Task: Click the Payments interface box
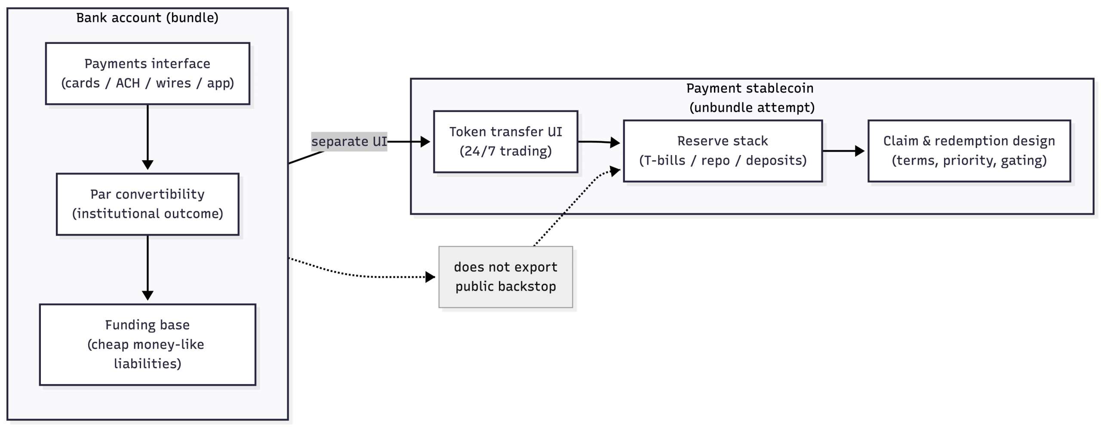tap(148, 73)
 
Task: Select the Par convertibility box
tap(148, 204)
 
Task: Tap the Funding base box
tap(148, 344)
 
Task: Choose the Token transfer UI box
tap(505, 141)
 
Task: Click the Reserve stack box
tap(723, 151)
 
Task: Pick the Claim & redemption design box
tap(969, 151)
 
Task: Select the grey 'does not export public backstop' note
tap(505, 277)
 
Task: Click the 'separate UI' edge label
tap(349, 141)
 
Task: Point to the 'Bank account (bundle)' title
tap(148, 18)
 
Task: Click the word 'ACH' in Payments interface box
tap(128, 83)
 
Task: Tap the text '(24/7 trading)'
tap(505, 151)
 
